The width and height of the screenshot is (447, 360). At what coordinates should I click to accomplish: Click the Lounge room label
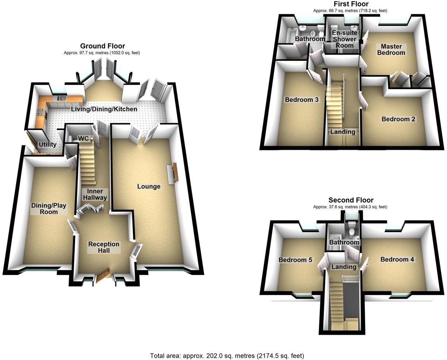(149, 186)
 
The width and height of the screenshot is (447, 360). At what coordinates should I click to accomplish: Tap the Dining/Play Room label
(49, 209)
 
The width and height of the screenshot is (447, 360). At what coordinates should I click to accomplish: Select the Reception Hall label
(104, 247)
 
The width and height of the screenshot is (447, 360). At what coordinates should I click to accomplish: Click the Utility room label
(47, 144)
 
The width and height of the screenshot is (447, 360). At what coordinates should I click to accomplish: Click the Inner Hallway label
(95, 194)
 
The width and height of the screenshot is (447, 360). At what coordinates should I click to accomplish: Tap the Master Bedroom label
(391, 49)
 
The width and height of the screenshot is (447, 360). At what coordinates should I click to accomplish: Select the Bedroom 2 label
(398, 119)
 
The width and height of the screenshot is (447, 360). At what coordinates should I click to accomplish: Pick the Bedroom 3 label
(302, 99)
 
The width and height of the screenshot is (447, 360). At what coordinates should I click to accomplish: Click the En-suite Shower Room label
(344, 39)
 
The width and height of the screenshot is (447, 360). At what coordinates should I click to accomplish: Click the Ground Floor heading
(102, 46)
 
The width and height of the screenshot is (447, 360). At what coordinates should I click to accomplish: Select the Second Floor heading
(350, 200)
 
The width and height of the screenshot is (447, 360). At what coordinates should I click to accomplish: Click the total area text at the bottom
(227, 356)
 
